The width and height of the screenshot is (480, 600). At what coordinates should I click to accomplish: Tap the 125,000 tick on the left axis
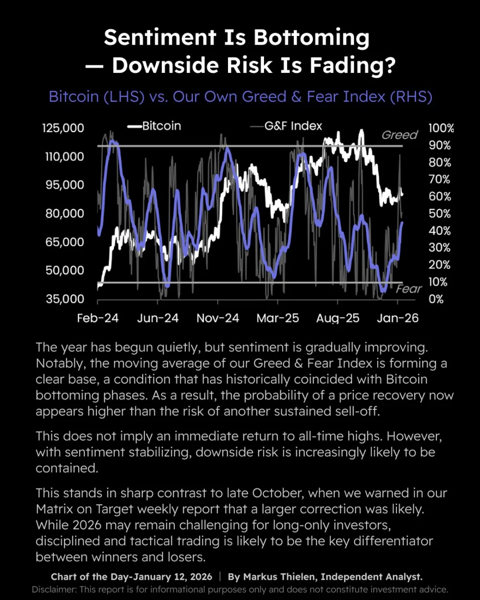pyautogui.click(x=63, y=128)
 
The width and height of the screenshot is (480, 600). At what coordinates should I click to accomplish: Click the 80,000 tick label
pyautogui.click(x=65, y=214)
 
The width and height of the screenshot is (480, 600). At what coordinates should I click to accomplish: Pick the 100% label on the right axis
pyautogui.click(x=441, y=128)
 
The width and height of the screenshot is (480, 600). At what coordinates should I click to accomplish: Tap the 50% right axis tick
pyautogui.click(x=440, y=214)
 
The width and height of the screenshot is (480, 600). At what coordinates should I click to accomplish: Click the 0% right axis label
pyautogui.click(x=436, y=299)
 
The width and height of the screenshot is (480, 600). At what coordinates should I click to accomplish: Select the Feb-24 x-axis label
pyautogui.click(x=98, y=318)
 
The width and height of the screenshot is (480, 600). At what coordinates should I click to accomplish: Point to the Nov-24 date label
pyautogui.click(x=218, y=318)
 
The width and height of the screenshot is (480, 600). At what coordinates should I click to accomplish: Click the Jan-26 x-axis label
pyautogui.click(x=398, y=318)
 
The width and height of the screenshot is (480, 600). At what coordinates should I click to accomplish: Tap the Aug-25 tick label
pyautogui.click(x=338, y=318)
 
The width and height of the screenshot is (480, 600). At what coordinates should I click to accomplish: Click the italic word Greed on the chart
pyautogui.click(x=400, y=135)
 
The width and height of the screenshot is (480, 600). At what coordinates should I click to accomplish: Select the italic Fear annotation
pyautogui.click(x=409, y=289)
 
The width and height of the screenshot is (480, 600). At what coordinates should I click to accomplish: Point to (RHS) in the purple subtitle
pyautogui.click(x=411, y=97)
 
